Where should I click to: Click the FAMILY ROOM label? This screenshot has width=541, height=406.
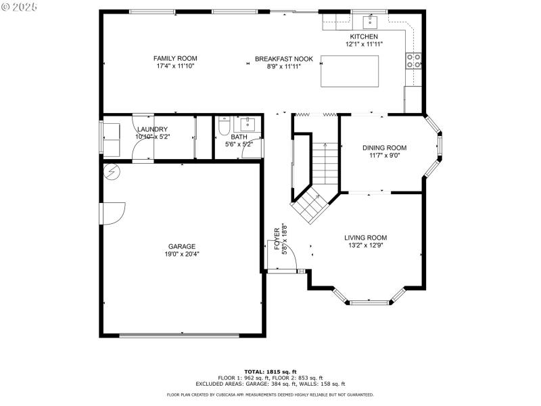pos(175,59)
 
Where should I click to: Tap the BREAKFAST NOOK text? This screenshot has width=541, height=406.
pos(283,59)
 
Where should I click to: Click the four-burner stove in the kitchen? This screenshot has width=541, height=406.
pos(414,61)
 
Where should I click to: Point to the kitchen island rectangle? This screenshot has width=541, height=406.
pos(349,71)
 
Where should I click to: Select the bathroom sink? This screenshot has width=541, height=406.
pos(248,124)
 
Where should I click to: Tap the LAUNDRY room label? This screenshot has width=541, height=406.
pos(152,129)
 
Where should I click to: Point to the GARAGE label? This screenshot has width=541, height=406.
pos(182,246)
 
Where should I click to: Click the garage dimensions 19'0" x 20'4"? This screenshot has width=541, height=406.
pos(182,254)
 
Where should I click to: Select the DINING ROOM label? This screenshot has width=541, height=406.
pos(384,148)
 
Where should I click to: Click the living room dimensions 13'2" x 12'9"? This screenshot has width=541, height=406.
pos(365,246)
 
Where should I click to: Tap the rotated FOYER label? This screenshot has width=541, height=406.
pos(277,239)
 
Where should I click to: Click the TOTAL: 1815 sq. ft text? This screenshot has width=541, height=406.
pos(270,371)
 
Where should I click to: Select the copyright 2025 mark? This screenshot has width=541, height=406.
pos(20,6)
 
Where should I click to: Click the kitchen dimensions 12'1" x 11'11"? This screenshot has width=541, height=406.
pos(364,44)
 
